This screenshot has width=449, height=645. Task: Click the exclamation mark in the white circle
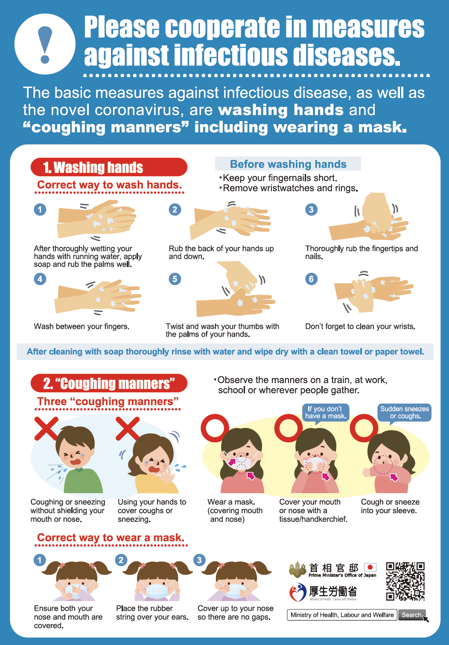point(45,44)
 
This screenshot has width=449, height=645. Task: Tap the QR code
point(405,581)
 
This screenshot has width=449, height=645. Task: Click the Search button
point(412,615)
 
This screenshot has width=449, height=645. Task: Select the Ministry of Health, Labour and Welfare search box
point(342,615)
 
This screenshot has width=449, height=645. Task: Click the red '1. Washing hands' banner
point(109,167)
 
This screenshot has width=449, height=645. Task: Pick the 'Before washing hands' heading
point(288,164)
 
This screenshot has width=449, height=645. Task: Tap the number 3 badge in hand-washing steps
point(311,209)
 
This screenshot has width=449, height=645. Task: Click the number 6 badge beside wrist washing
point(311,279)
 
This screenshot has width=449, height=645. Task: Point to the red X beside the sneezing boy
point(46,428)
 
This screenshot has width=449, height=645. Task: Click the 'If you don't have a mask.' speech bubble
point(326,413)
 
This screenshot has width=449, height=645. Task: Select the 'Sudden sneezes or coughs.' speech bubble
point(405,413)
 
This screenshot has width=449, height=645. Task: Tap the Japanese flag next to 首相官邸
point(370,567)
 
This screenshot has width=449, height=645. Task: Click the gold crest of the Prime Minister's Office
point(297,569)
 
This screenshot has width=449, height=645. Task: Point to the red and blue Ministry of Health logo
point(298,592)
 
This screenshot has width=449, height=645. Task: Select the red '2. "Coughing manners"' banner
point(109,383)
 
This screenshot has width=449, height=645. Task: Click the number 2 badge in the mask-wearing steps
point(121,560)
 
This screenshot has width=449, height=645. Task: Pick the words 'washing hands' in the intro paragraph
point(281,110)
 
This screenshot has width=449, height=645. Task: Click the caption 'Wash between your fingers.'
point(82,326)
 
